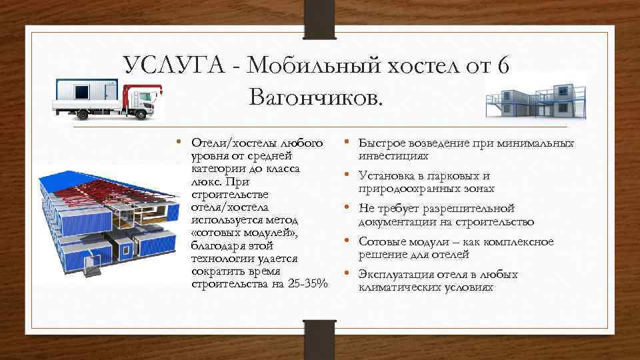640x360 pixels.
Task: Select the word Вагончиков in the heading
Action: pyautogui.click(x=316, y=99)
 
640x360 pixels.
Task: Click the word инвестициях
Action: pyautogui.click(x=393, y=156)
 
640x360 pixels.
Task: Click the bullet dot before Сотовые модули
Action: pyautogui.click(x=347, y=241)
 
